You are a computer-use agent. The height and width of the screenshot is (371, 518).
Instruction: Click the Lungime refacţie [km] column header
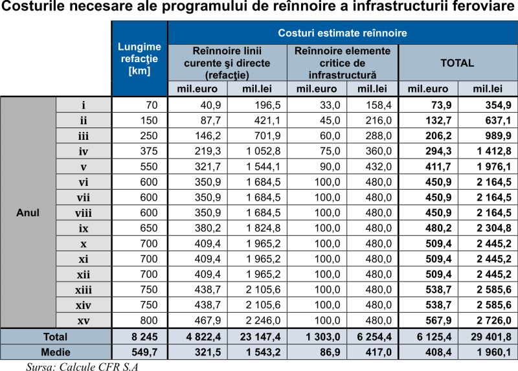pyautogui.click(x=139, y=59)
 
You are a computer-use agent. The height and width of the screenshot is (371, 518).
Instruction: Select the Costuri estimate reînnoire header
pyautogui.click(x=343, y=33)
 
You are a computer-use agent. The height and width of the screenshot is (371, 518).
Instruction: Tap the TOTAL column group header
pyautogui.click(x=457, y=63)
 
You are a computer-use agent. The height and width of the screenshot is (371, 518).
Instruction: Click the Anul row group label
pyautogui.click(x=28, y=212)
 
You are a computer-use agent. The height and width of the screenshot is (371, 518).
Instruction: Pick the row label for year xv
pyautogui.click(x=84, y=320)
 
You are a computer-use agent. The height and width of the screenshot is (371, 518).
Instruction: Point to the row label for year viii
pyautogui.click(x=84, y=213)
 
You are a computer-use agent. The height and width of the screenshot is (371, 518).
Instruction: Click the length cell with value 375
pyautogui.click(x=149, y=152)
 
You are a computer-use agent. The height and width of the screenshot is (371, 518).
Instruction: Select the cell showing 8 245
pyautogui.click(x=144, y=337)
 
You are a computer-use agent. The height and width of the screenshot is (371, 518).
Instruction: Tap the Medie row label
pyautogui.click(x=56, y=352)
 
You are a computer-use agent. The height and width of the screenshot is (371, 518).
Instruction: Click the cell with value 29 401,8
pyautogui.click(x=491, y=337)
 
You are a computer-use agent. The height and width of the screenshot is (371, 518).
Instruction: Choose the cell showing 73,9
pyautogui.click(x=438, y=105)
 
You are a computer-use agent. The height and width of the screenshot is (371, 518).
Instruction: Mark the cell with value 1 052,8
pyautogui.click(x=264, y=152)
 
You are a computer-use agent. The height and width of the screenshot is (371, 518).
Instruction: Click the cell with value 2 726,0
pyautogui.click(x=494, y=320)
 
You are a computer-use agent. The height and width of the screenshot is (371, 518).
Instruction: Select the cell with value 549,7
pyautogui.click(x=144, y=352)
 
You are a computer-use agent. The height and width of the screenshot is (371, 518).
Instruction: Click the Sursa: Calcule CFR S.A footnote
pyautogui.click(x=82, y=366)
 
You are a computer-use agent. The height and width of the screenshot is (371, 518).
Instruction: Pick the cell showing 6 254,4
pyautogui.click(x=374, y=337)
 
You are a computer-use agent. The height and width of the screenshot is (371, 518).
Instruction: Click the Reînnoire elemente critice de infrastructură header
pyautogui.click(x=343, y=63)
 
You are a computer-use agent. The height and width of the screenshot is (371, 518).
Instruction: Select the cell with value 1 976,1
pyautogui.click(x=494, y=167)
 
